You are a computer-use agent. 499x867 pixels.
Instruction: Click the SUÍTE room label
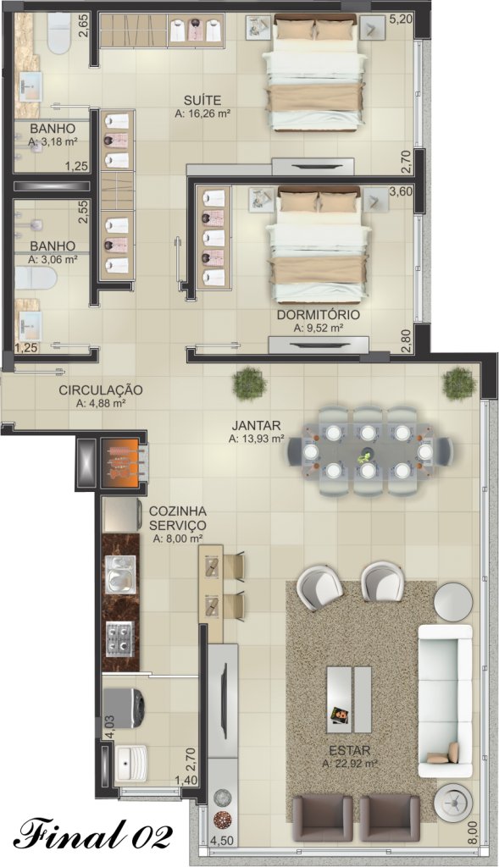(x=202, y=101)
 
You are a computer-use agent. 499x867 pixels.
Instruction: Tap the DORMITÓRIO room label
(x=318, y=315)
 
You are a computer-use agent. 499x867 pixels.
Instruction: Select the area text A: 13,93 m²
(x=256, y=439)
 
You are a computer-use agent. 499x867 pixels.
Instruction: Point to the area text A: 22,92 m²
(x=350, y=764)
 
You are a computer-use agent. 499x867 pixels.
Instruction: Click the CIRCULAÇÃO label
(x=101, y=389)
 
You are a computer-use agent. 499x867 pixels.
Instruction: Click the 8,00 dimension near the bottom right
(x=471, y=833)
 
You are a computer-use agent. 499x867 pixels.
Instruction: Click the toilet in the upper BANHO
(x=59, y=33)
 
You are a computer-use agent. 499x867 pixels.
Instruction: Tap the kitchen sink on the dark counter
(x=120, y=575)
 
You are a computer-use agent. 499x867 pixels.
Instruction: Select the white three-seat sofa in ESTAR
(x=445, y=700)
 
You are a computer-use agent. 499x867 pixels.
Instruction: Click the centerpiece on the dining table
(x=365, y=457)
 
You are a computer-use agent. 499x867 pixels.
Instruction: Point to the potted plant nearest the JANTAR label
(x=250, y=384)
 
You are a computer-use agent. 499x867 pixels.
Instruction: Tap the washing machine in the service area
(x=125, y=707)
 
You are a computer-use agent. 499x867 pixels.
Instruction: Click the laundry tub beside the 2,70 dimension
(x=131, y=764)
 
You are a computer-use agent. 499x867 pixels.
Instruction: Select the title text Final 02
(x=93, y=833)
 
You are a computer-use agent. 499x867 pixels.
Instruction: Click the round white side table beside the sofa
(x=452, y=603)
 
